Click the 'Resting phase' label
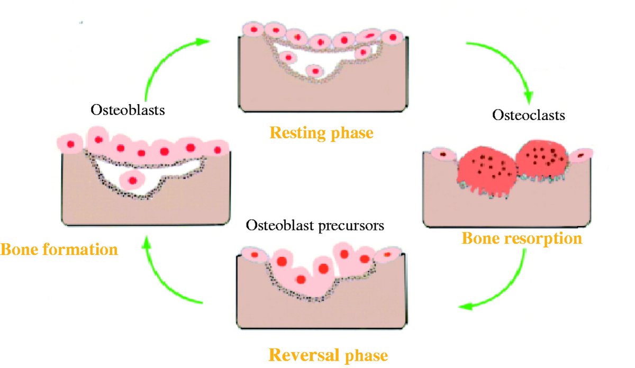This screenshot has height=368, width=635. (x=321, y=132)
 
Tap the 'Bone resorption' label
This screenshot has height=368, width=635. (x=522, y=238)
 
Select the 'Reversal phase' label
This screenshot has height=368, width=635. (x=328, y=354)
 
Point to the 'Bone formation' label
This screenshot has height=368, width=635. (x=59, y=249)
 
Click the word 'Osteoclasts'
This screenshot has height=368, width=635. (x=529, y=115)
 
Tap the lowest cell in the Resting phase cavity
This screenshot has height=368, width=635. (x=315, y=70)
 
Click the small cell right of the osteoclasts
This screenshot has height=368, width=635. (x=581, y=155)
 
